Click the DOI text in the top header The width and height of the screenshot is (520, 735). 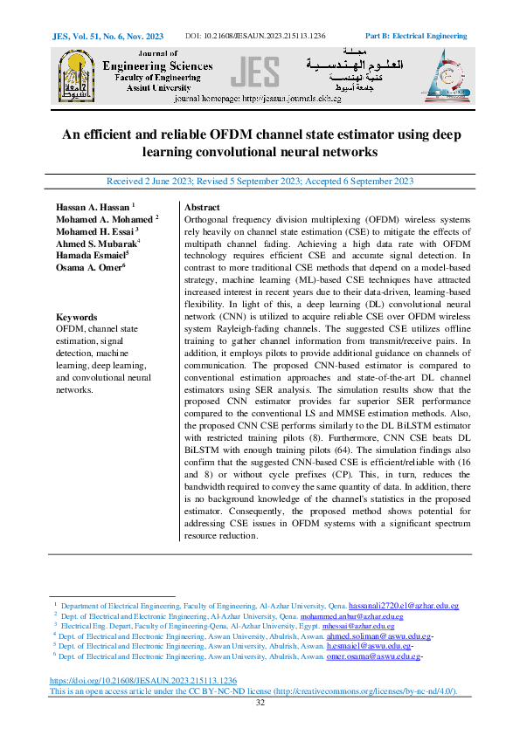click(256, 36)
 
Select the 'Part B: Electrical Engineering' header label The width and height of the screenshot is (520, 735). click(415, 36)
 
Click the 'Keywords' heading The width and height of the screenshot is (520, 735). click(76, 317)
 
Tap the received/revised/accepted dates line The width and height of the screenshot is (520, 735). click(260, 182)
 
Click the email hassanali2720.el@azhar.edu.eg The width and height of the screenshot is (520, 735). click(403, 605)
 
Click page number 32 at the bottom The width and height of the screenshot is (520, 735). click(260, 703)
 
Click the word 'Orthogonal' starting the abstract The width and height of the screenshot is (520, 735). click(210, 220)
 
